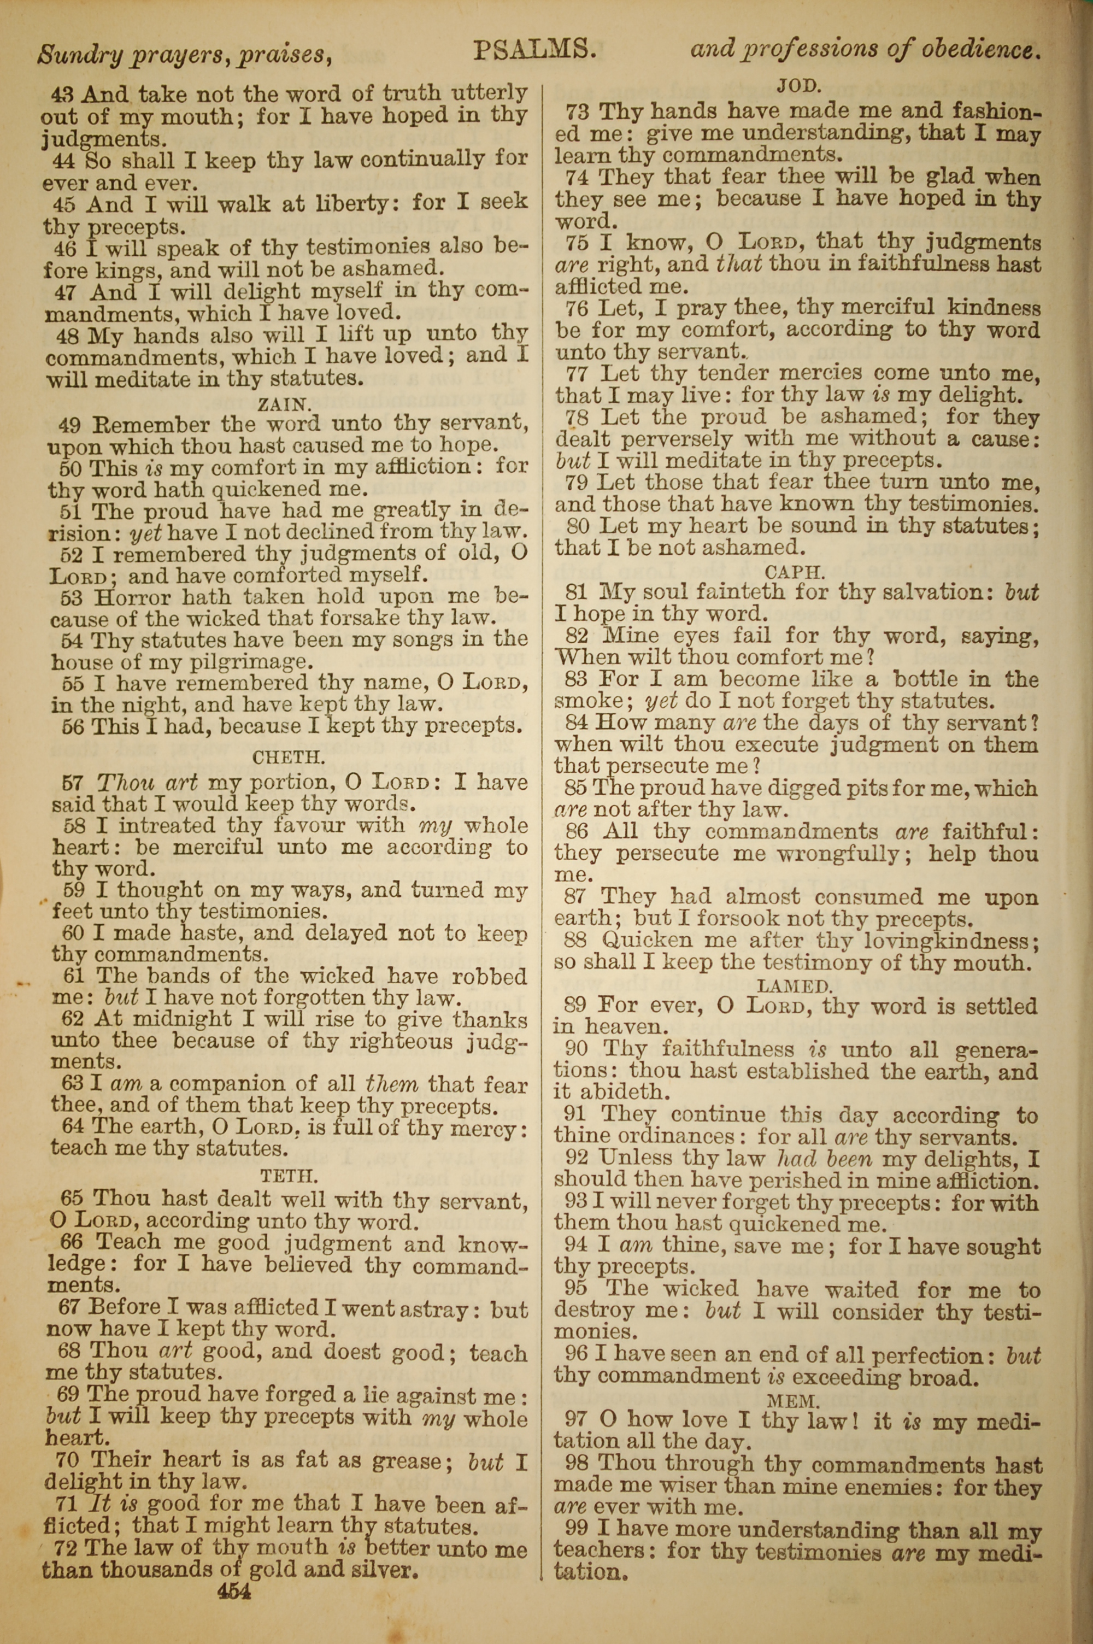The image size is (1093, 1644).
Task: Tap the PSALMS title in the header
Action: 534,50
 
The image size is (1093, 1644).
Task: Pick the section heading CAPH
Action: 795,572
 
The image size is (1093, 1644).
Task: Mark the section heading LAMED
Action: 795,985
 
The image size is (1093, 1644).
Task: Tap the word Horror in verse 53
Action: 131,597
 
